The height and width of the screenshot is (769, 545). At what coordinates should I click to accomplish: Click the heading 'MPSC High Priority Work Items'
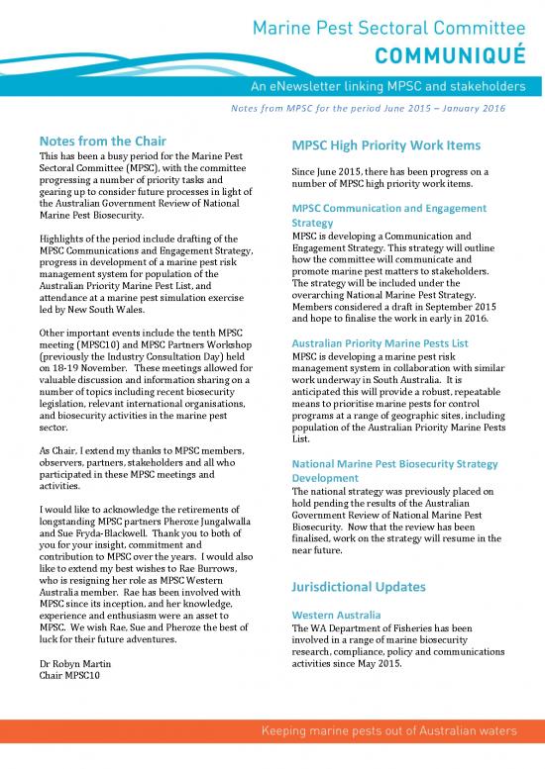(x=385, y=145)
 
